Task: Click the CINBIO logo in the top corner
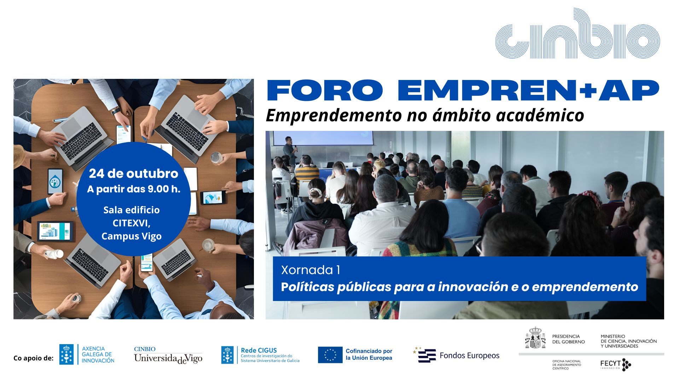pyautogui.click(x=578, y=34)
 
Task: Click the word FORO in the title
pyautogui.click(x=325, y=91)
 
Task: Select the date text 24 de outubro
pyautogui.click(x=133, y=174)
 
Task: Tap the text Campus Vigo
pyautogui.click(x=132, y=236)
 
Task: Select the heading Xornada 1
pyautogui.click(x=311, y=270)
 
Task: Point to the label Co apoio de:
pyautogui.click(x=33, y=358)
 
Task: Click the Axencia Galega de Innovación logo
pyautogui.click(x=87, y=354)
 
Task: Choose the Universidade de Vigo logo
pyautogui.click(x=168, y=355)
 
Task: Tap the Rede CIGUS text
pyautogui.click(x=259, y=350)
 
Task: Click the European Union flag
pyautogui.click(x=330, y=355)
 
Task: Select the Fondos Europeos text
pyautogui.click(x=469, y=355)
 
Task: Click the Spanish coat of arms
pyautogui.click(x=535, y=338)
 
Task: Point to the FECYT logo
pyautogui.click(x=615, y=364)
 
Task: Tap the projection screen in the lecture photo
pyautogui.click(x=323, y=138)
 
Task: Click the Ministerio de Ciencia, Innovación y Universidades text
pyautogui.click(x=628, y=341)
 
